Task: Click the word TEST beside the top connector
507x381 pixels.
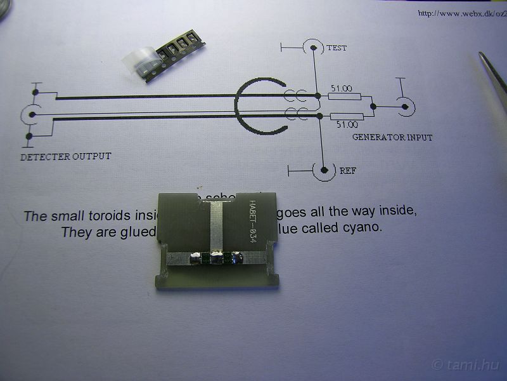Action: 337,48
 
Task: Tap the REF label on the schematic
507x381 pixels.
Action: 347,171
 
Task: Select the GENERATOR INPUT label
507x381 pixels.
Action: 392,137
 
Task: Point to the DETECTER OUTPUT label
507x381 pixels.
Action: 65,156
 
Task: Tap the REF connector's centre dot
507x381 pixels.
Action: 324,170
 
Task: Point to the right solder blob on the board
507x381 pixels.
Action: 238,257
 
